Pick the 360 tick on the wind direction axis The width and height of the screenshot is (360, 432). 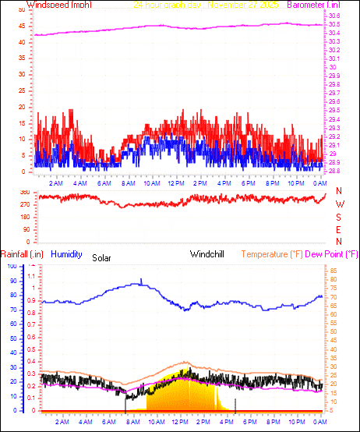24,192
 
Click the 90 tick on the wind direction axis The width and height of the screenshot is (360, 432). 26,229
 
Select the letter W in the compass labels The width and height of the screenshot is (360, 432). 339,204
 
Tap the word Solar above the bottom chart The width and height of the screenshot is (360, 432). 102,257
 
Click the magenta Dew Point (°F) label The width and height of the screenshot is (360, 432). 332,254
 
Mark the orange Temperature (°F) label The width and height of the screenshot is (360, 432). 272,254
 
